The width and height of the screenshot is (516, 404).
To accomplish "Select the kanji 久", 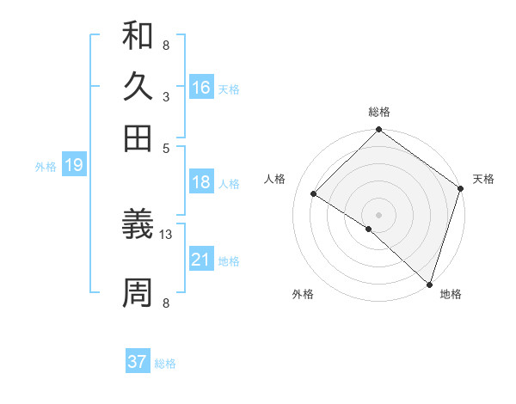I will pos(138,87).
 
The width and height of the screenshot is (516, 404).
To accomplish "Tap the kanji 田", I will pos(138,137).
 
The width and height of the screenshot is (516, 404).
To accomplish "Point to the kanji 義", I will pos(138,225).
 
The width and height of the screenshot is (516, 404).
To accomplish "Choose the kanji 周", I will pos(138,293).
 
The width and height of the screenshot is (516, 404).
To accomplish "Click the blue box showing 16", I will pos(201,88).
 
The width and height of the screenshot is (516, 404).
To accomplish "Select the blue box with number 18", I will pos(201,182).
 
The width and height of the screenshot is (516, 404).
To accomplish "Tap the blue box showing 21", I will pos(201,260).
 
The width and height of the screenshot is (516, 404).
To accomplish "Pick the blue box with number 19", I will pos(74,166).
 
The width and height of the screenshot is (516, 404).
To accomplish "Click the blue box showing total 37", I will pos(138,362).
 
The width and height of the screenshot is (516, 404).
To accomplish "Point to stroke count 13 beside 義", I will pos(166,234).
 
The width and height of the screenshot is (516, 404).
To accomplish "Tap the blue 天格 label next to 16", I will pos(229,89).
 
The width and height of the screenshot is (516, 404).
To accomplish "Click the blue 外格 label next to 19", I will pos(46,167).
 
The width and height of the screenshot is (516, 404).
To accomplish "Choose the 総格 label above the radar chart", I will pos(378,112).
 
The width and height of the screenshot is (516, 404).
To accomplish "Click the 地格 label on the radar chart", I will pos(451,295).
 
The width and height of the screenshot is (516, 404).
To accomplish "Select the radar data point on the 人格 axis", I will pos(314,194).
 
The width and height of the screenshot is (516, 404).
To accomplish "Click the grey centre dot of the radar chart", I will pos(378,214).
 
